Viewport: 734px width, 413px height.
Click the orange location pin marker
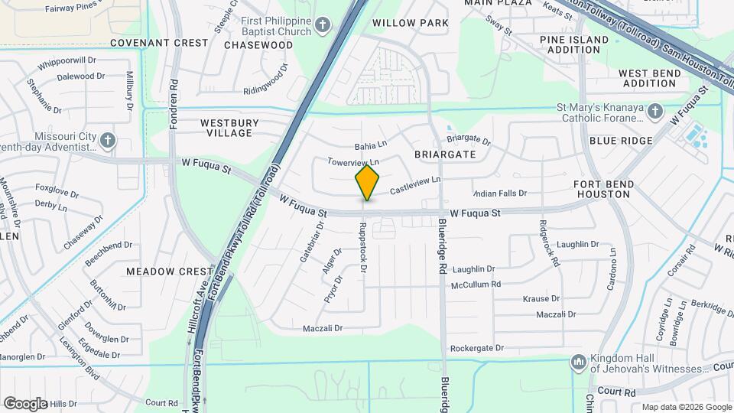(367, 183)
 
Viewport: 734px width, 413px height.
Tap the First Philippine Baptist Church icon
(323, 25)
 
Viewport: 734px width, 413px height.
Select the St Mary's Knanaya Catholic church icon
(654, 112)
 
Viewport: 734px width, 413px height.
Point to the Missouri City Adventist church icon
(108, 140)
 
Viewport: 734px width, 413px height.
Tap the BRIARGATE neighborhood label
(445, 154)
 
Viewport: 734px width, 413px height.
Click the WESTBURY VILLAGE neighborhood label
(229, 128)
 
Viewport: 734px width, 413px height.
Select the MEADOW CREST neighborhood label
(170, 272)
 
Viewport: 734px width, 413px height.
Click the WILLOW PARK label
(411, 23)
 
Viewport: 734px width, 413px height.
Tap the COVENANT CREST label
(159, 43)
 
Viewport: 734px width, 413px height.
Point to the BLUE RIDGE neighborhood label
(621, 141)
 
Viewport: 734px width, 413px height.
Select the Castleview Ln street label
(416, 184)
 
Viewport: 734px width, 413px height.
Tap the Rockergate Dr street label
(477, 348)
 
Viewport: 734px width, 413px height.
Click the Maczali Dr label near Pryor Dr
(322, 328)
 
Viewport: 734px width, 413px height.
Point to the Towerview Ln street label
(353, 162)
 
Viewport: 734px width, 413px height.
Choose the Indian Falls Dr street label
(500, 193)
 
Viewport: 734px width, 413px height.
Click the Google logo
(24, 403)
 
